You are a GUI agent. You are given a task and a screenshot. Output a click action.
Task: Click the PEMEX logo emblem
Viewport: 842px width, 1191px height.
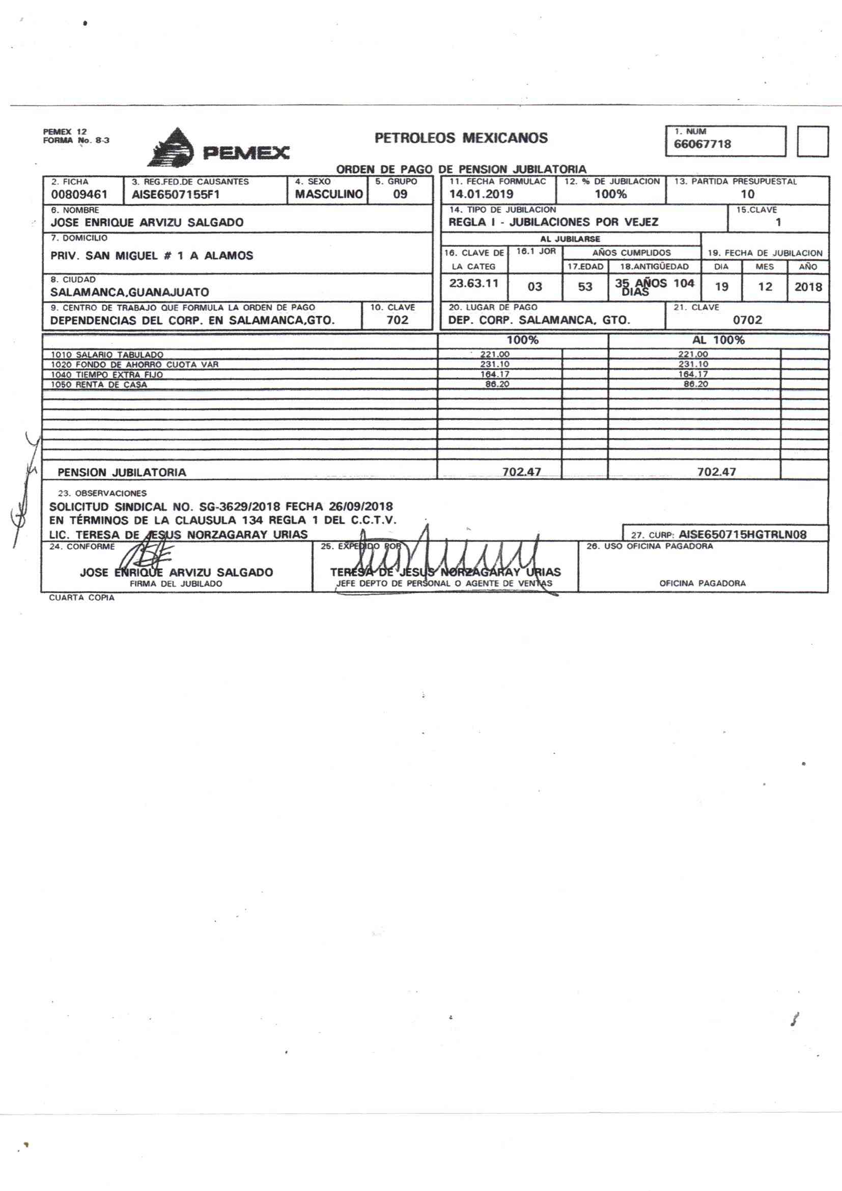tap(171, 147)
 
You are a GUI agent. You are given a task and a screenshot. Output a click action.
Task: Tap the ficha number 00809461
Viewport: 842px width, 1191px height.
tap(79, 195)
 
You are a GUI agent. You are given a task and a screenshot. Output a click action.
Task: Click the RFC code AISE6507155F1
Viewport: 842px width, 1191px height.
tap(176, 195)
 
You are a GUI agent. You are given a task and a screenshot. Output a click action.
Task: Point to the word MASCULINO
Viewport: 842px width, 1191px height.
tap(329, 194)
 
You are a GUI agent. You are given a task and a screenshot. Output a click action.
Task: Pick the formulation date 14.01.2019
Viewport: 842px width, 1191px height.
tap(481, 194)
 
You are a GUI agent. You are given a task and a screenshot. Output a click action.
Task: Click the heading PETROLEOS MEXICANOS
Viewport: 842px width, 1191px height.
tap(461, 138)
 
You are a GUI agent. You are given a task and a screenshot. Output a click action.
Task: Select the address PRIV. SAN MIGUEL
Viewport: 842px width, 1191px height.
tap(151, 256)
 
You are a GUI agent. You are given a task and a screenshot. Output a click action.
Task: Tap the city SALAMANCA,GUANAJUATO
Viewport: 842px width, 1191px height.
tap(130, 292)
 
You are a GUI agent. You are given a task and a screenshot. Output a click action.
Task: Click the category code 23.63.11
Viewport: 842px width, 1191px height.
tap(473, 284)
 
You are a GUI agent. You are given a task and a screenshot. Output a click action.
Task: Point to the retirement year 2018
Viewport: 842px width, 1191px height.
tap(808, 287)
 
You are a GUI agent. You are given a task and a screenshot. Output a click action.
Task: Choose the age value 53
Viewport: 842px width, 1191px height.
tap(585, 287)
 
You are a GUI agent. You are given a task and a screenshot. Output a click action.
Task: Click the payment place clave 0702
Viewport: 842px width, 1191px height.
tap(747, 320)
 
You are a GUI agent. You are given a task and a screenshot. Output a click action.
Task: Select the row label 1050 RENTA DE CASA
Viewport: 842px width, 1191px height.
tap(99, 385)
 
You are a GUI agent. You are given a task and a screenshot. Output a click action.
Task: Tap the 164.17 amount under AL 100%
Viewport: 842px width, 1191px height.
tap(693, 374)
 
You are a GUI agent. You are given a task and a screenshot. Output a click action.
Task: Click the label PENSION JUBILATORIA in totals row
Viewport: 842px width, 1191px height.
tap(122, 473)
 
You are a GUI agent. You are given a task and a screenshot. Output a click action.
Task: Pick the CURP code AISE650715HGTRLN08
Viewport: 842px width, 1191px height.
tap(742, 534)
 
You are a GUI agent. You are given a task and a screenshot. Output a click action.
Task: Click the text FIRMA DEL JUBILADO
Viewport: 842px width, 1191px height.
tap(176, 584)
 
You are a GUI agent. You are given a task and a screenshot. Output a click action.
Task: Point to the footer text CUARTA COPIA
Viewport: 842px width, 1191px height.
tap(81, 598)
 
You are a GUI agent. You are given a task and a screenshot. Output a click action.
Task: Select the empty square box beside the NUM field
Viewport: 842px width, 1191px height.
tap(812, 142)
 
